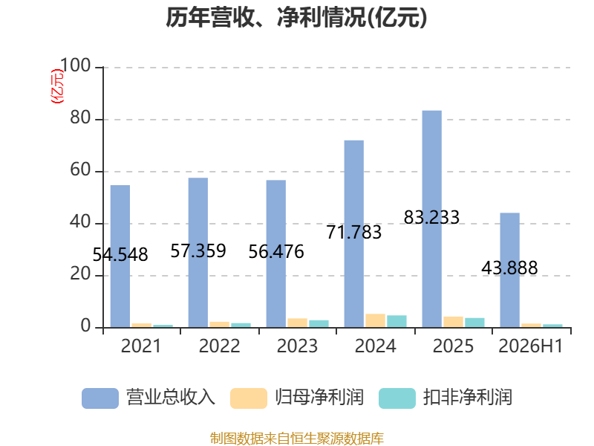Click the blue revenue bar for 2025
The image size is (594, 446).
432,219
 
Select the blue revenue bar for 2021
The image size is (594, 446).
120,256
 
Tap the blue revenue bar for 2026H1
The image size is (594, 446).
510,270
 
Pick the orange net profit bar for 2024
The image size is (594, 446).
376,320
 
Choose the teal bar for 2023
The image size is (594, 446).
319,324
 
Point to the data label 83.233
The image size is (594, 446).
431,217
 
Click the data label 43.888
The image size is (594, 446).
509,268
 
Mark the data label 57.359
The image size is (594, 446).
198,251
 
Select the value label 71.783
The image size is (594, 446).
354,232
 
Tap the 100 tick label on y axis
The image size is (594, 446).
76,65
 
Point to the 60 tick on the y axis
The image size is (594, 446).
80,170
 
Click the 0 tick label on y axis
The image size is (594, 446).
85,326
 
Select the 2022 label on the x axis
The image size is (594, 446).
219,346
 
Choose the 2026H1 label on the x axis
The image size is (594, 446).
531,346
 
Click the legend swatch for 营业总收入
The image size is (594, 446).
100,398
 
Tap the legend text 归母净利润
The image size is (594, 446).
319,398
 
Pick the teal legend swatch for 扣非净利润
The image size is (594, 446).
397,398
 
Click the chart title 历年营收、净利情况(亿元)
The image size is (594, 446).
296,17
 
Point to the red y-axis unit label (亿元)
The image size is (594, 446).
57,86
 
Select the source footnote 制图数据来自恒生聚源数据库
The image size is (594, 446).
297,439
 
